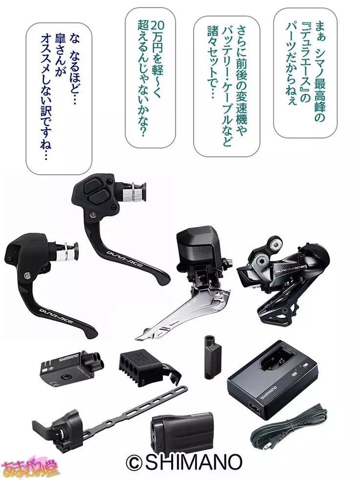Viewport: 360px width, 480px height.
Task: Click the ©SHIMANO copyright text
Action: point(184,462)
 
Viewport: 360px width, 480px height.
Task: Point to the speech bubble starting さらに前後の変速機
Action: point(227,86)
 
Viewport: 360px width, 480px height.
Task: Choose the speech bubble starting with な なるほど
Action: point(59,98)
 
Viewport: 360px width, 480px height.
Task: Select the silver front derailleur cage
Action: point(184,312)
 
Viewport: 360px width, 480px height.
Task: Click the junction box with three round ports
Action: point(72,365)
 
